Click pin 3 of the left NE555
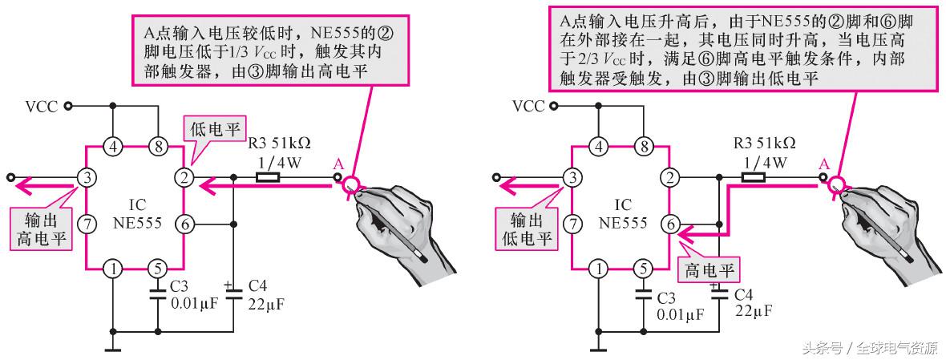tap(87, 176)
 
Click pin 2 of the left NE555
tap(185, 176)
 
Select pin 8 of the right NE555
tap(643, 147)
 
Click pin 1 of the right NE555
tap(598, 269)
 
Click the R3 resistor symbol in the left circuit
tap(268, 177)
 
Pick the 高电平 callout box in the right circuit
tap(708, 269)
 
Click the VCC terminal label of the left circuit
tap(41, 106)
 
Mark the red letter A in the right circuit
tap(823, 164)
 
